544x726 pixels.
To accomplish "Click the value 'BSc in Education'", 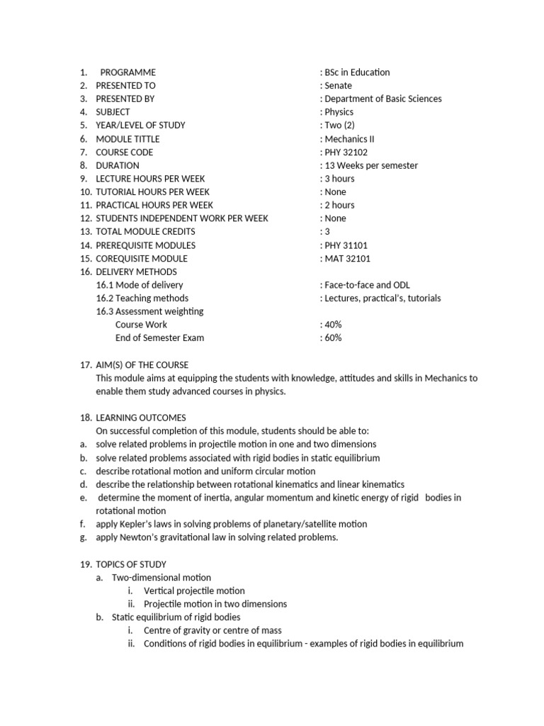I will [x=357, y=72].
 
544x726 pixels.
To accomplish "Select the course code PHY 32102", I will [x=346, y=152].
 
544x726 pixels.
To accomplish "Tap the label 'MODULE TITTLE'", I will [x=127, y=139].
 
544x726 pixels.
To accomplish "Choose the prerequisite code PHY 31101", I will [x=346, y=245].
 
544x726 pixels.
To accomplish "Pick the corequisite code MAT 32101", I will [x=346, y=259].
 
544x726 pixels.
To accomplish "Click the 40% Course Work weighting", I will [x=332, y=325].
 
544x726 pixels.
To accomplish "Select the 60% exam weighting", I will [x=332, y=338].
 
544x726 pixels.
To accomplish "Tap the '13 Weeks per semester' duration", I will [x=370, y=166].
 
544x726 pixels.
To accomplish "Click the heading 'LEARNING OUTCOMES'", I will [x=141, y=418].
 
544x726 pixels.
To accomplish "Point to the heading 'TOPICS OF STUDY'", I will [x=131, y=564].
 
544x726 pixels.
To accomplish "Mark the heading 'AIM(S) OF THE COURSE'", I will [x=142, y=365].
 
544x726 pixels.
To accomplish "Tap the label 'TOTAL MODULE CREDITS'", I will [x=145, y=232].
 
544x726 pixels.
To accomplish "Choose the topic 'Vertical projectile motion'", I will [x=194, y=591].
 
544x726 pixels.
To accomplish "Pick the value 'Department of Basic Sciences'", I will [x=382, y=99].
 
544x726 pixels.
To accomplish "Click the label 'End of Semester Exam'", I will [x=159, y=338].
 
